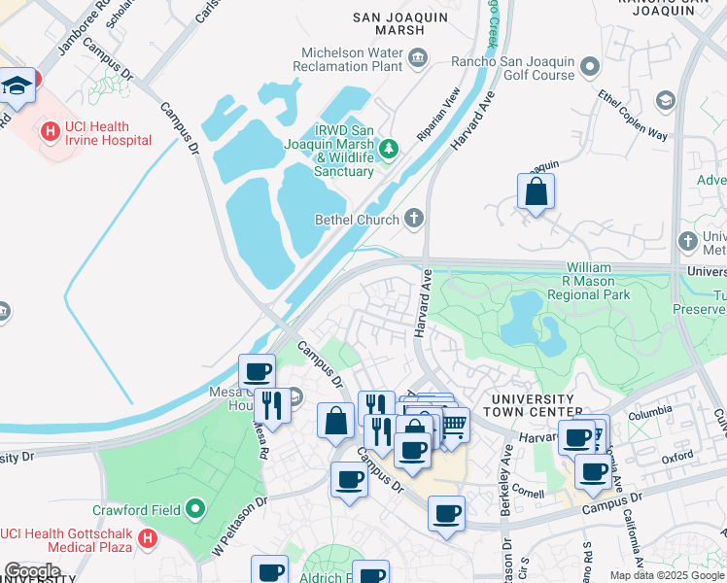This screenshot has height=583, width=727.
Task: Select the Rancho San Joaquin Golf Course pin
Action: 590,67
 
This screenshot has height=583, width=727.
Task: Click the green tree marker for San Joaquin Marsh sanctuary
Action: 389,148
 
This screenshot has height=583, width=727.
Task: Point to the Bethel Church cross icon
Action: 414,218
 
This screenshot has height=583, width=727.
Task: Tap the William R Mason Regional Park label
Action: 589,281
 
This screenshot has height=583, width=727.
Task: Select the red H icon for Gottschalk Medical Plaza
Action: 147,537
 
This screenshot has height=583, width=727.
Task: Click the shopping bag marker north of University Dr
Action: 536,192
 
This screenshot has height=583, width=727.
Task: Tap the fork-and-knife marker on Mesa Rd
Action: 272,405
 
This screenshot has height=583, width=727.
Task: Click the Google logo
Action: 32,570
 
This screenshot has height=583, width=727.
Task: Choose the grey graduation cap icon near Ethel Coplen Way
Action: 665,100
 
